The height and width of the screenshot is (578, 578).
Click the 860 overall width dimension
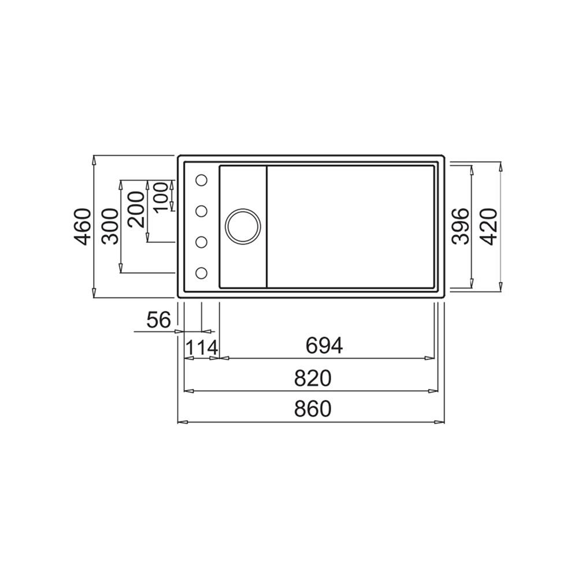(x=312, y=409)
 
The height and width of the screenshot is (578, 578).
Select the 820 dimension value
(x=312, y=378)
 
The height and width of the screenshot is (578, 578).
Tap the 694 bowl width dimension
(x=324, y=346)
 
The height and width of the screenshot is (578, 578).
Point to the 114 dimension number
(x=201, y=348)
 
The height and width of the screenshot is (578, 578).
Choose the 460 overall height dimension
(x=83, y=227)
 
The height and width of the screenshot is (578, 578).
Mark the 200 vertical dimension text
(x=137, y=211)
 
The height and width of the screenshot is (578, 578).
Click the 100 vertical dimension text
(x=162, y=196)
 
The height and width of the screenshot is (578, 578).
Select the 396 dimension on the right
(x=461, y=227)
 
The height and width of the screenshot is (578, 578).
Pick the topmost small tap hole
(x=202, y=181)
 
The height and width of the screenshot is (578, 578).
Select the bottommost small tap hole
(x=202, y=273)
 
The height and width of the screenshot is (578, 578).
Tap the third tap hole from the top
(x=202, y=242)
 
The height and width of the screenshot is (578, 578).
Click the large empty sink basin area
(x=350, y=227)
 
